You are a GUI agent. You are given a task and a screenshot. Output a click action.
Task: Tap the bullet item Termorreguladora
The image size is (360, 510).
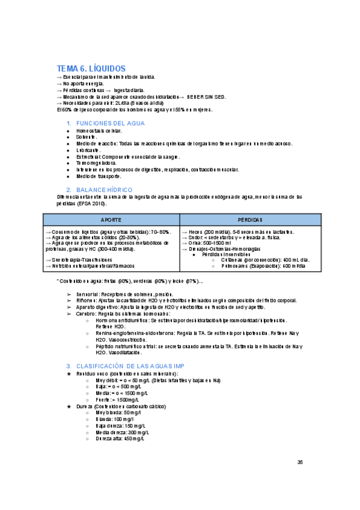(x=96, y=163)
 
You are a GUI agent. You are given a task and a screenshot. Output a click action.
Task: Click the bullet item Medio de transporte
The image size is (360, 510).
(x=99, y=176)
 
